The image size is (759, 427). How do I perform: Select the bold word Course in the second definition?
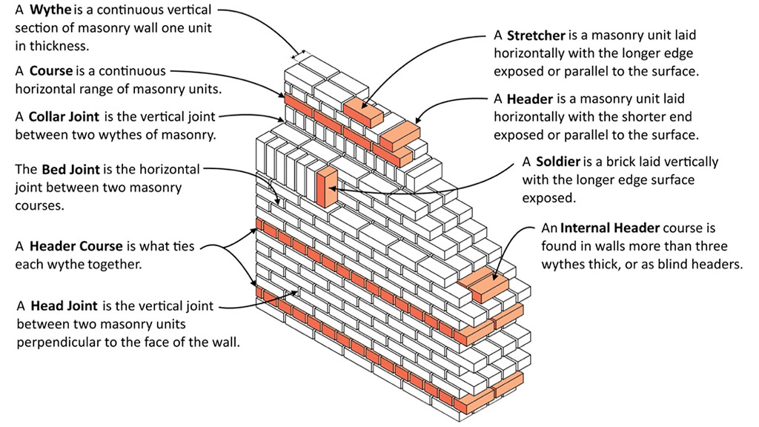pos(51,71)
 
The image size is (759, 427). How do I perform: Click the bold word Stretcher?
pos(536,36)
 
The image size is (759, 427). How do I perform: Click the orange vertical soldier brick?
pos(326,187)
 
